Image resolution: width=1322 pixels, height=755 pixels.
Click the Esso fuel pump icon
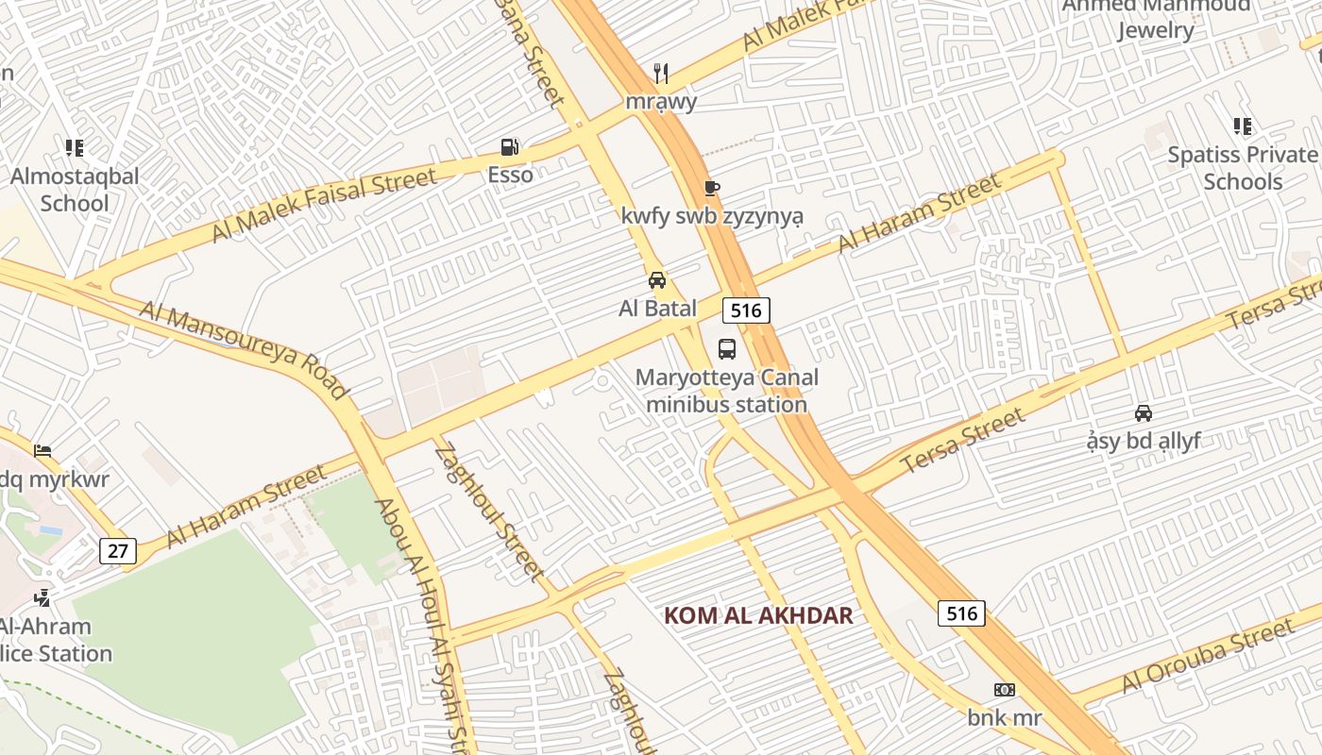pos(510,147)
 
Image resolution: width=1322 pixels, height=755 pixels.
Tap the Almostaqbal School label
pos(75,190)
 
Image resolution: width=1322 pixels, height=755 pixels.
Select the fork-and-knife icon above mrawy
pos(661,73)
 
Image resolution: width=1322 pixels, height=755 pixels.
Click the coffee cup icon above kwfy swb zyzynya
pos(712,189)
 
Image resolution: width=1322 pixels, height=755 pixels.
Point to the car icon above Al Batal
pos(657,280)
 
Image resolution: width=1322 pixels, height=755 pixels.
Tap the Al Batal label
pos(657,308)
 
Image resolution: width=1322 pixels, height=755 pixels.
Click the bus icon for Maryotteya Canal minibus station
pos(727,349)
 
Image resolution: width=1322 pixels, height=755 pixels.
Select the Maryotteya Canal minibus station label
pos(726,392)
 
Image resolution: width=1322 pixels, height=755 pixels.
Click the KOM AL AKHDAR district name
pos(758,616)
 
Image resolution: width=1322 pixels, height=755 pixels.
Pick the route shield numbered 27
pos(117,551)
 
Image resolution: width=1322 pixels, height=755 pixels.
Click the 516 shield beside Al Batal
pos(747,310)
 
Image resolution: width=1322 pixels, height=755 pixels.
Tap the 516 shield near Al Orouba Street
pos(961,613)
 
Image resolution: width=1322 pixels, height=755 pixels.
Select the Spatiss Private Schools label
pos(1242,168)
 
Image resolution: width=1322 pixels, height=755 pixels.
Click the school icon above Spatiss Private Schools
pos(1243,126)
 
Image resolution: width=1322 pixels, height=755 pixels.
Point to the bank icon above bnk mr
pos(1005,690)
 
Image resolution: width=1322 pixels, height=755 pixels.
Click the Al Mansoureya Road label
pos(244,350)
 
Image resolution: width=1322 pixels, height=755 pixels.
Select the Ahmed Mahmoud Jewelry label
pos(1156,18)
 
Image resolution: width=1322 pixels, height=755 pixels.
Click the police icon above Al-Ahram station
pos(42,597)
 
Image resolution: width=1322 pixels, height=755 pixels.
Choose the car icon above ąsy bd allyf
pos(1144,413)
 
